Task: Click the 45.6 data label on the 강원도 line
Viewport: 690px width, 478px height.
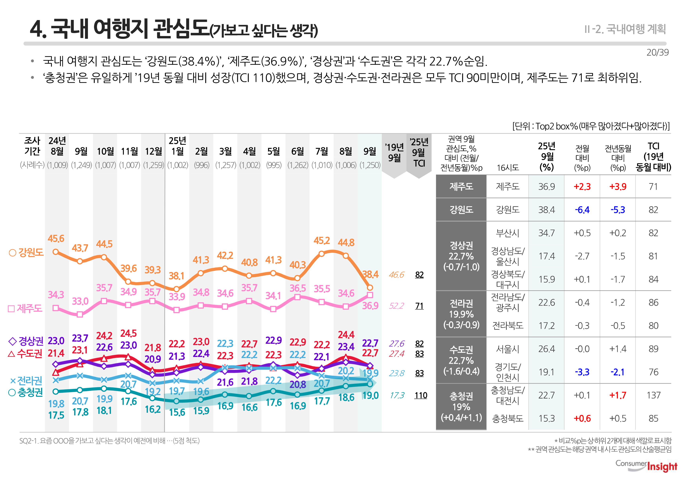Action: [x=56, y=238]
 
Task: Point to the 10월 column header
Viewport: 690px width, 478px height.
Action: [x=105, y=151]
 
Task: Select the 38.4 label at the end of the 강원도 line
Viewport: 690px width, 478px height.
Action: [x=370, y=274]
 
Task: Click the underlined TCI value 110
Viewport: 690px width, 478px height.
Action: [x=420, y=395]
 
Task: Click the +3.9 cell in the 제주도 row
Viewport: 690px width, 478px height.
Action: [x=618, y=187]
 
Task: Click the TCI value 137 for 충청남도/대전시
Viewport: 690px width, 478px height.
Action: [x=653, y=395]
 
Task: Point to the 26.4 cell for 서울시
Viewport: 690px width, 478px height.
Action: [x=546, y=349]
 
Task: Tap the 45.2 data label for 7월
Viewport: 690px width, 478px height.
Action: [x=321, y=241]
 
